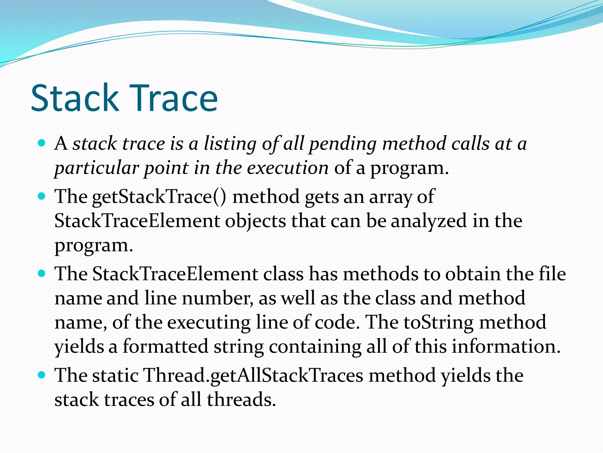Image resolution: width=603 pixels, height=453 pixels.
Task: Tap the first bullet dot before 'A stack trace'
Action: coord(42,143)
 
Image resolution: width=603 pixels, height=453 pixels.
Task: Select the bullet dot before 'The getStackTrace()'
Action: coord(42,196)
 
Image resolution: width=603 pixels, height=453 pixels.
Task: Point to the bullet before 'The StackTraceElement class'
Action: coord(42,274)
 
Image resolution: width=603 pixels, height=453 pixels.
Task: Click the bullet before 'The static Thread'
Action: coord(42,375)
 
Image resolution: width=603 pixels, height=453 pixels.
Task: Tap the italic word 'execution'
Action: coord(287,168)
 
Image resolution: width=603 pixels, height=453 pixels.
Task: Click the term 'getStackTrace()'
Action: coord(159,197)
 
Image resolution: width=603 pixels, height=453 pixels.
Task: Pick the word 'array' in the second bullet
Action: coord(390,197)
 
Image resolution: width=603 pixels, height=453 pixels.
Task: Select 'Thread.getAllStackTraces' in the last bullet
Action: coord(253,376)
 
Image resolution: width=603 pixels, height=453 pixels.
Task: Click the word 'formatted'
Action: coord(165,346)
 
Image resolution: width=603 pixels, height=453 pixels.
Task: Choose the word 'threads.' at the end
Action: coord(241,400)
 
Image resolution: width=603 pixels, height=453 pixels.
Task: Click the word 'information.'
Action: coord(506,346)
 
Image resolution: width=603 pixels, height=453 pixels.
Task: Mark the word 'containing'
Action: coord(315,347)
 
